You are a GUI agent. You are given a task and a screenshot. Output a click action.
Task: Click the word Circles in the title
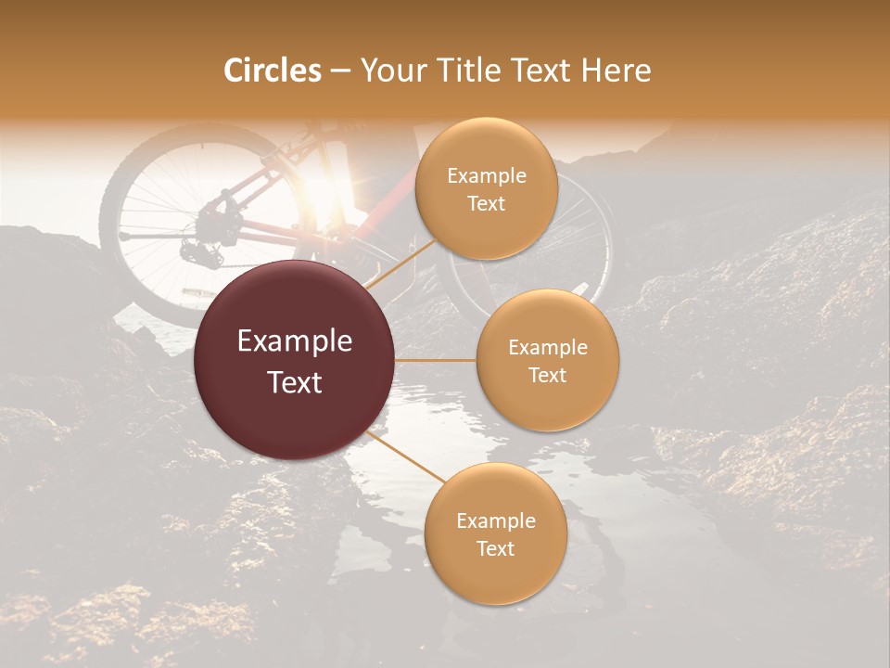[x=272, y=71]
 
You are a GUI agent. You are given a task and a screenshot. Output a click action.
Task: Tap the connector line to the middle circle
[x=436, y=360]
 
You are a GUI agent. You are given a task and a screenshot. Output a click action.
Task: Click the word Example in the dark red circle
[x=295, y=341]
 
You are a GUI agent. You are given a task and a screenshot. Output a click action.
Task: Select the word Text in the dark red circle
[x=295, y=382]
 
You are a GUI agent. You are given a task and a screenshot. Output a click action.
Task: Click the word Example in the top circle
[x=487, y=176]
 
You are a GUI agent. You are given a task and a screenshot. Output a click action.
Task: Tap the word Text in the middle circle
[x=548, y=375]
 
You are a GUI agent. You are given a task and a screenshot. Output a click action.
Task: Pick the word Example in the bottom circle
[x=496, y=521]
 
